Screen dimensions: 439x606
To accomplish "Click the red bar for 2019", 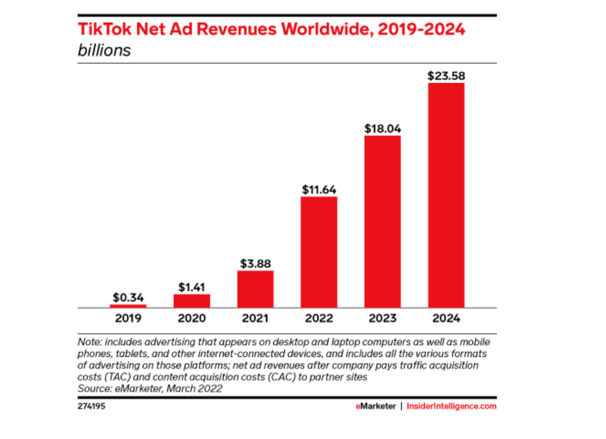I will point(129,306).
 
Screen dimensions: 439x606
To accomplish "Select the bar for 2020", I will point(192,301).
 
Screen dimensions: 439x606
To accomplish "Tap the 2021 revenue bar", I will point(255,289).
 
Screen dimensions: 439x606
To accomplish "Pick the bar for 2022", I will point(319,252).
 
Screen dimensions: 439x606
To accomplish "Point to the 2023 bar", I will point(382,222).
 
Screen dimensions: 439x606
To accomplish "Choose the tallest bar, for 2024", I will point(446,195).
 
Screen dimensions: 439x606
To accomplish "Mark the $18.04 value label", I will point(382,129).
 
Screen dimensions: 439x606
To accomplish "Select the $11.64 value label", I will point(319,189).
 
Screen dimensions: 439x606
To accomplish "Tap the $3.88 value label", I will point(255,263).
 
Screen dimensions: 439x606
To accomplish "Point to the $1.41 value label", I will point(192,287).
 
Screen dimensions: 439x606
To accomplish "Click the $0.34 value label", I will point(129,297).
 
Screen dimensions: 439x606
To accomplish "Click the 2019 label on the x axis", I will point(129,318).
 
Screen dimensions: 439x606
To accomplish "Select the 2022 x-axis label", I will point(319,318).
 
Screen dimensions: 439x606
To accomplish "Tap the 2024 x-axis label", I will point(446,318).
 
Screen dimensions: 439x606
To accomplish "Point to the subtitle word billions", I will point(104,50).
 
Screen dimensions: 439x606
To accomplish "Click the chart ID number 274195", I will point(91,406).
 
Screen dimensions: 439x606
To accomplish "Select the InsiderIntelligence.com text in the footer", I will point(452,406).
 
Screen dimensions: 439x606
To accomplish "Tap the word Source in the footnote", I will point(92,388).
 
